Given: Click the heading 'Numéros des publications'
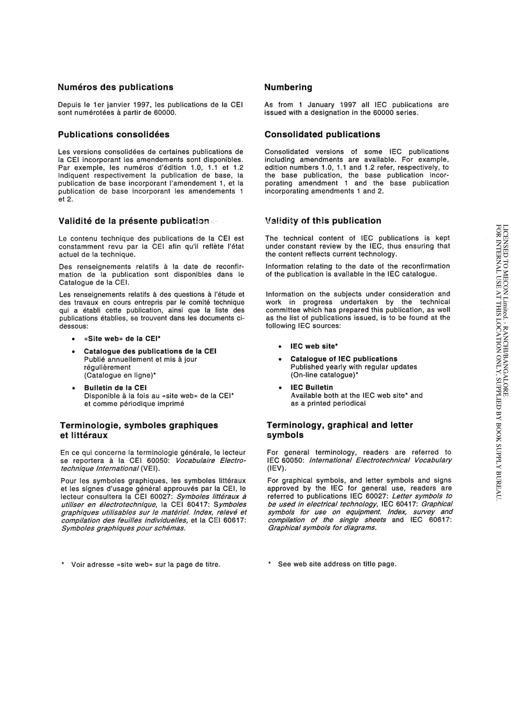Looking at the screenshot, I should point(116,87).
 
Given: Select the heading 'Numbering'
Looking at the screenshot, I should point(288,87).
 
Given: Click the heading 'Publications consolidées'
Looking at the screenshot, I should point(113,135).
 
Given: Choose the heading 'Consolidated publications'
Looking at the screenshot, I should point(322,135).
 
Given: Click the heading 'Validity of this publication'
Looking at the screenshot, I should point(323,221).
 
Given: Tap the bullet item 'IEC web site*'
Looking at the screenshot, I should point(313,347).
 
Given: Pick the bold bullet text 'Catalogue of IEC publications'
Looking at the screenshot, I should point(344,359).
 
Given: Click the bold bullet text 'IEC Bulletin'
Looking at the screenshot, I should point(311,388).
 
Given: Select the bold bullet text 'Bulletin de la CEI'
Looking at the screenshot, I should point(115,388).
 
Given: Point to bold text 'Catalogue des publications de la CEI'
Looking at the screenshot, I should point(150,351).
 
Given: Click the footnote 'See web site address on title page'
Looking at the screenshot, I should point(337,564).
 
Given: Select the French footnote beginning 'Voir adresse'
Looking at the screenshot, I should point(145,565).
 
